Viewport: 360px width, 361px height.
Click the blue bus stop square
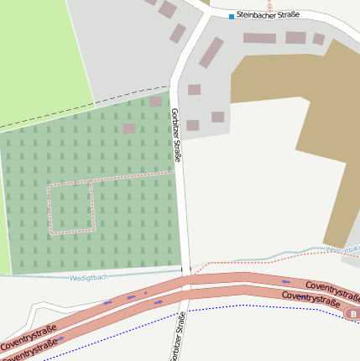(232, 16)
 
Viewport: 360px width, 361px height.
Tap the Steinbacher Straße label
(268, 14)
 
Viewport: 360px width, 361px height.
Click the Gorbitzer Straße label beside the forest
(176, 134)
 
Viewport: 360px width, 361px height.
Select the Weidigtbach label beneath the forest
(88, 277)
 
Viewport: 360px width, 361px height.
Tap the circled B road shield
(352, 314)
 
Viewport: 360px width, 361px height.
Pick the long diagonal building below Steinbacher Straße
(211, 52)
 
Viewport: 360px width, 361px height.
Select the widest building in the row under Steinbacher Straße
(259, 38)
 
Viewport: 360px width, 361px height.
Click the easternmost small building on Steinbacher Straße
(318, 39)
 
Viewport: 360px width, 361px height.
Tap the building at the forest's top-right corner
(156, 102)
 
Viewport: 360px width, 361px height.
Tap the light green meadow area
(42, 50)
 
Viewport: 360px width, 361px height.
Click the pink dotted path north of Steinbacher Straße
(269, 4)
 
